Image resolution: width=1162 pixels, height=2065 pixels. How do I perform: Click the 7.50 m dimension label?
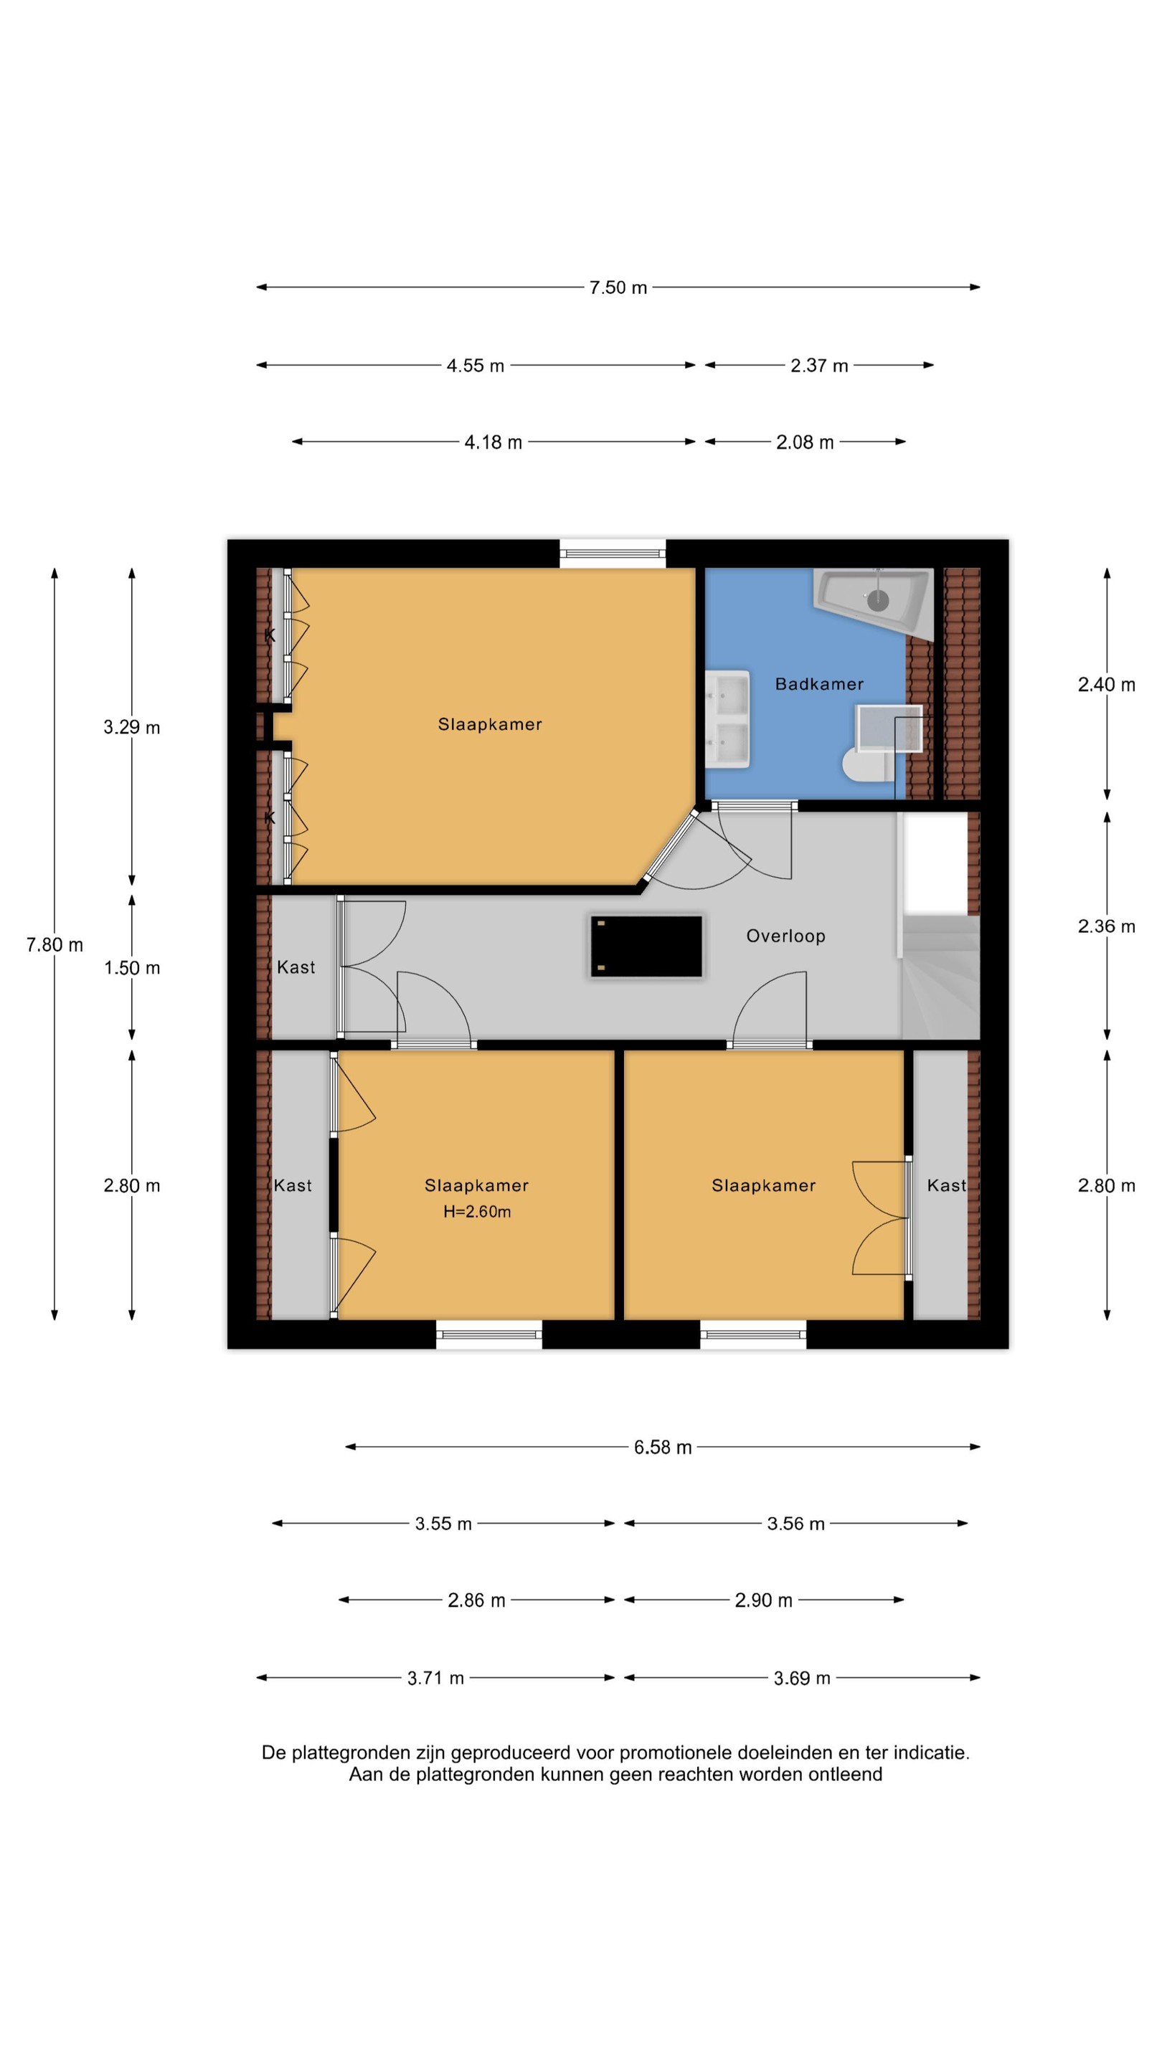[x=618, y=287]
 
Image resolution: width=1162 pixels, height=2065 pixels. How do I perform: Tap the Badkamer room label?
[x=818, y=684]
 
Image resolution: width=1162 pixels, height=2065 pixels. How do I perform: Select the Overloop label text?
[x=785, y=936]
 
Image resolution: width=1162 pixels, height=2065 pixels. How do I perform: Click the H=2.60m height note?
[x=477, y=1211]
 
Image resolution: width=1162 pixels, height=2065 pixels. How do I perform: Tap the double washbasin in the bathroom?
[x=727, y=719]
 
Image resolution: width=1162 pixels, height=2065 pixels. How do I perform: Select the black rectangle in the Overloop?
[x=646, y=946]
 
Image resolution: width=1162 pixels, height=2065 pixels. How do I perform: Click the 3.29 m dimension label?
[x=131, y=727]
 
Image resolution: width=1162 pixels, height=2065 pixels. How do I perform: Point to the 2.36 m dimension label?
[x=1106, y=926]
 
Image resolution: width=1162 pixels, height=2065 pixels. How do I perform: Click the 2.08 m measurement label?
[x=804, y=442]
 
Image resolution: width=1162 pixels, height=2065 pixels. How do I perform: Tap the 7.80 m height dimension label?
[x=55, y=944]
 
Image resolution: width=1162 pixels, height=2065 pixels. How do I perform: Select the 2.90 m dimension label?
[x=763, y=1600]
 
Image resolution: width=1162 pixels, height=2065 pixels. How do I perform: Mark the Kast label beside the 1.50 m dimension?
[x=296, y=967]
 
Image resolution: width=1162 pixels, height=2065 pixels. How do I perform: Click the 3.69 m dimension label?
[x=802, y=1678]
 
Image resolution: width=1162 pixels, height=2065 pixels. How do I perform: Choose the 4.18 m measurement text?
[x=493, y=442]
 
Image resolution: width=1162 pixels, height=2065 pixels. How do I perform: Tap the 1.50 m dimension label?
[x=131, y=967]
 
